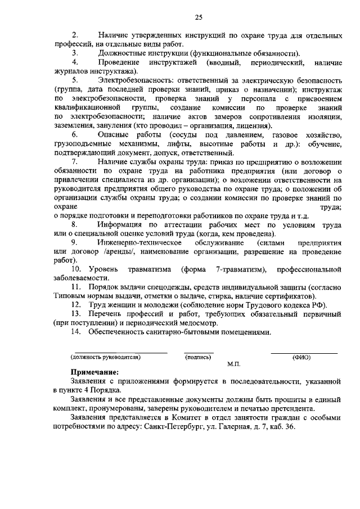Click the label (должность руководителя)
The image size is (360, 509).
click(x=105, y=357)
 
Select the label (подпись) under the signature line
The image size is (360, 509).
click(x=198, y=357)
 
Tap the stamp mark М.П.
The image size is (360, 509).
click(x=234, y=364)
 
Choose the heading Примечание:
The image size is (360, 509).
click(x=94, y=372)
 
